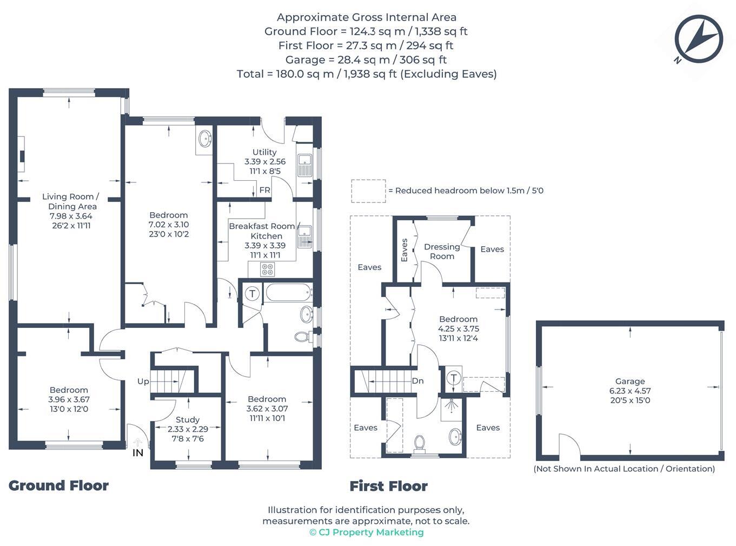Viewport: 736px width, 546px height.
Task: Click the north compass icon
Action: click(699, 39)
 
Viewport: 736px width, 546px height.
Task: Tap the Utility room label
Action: click(264, 153)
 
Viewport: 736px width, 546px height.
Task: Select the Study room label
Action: click(188, 419)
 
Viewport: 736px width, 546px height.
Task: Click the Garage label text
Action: click(630, 381)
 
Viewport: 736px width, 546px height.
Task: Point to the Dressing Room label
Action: click(442, 251)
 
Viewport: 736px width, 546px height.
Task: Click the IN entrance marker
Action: click(138, 452)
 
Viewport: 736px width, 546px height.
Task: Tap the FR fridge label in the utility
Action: click(264, 190)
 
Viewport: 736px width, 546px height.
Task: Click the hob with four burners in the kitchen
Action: click(267, 269)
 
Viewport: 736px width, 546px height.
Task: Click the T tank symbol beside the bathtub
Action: click(253, 294)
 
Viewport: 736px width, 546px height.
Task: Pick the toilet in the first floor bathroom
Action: click(420, 443)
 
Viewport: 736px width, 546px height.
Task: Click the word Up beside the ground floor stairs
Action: click(143, 381)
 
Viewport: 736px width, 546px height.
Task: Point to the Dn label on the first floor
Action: click(417, 381)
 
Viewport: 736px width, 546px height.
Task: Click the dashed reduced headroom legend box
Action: click(368, 191)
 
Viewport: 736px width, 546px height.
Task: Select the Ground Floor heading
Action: click(58, 485)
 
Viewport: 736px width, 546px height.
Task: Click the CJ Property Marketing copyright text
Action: click(366, 532)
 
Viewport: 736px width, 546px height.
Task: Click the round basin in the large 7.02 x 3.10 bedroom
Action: click(205, 139)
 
